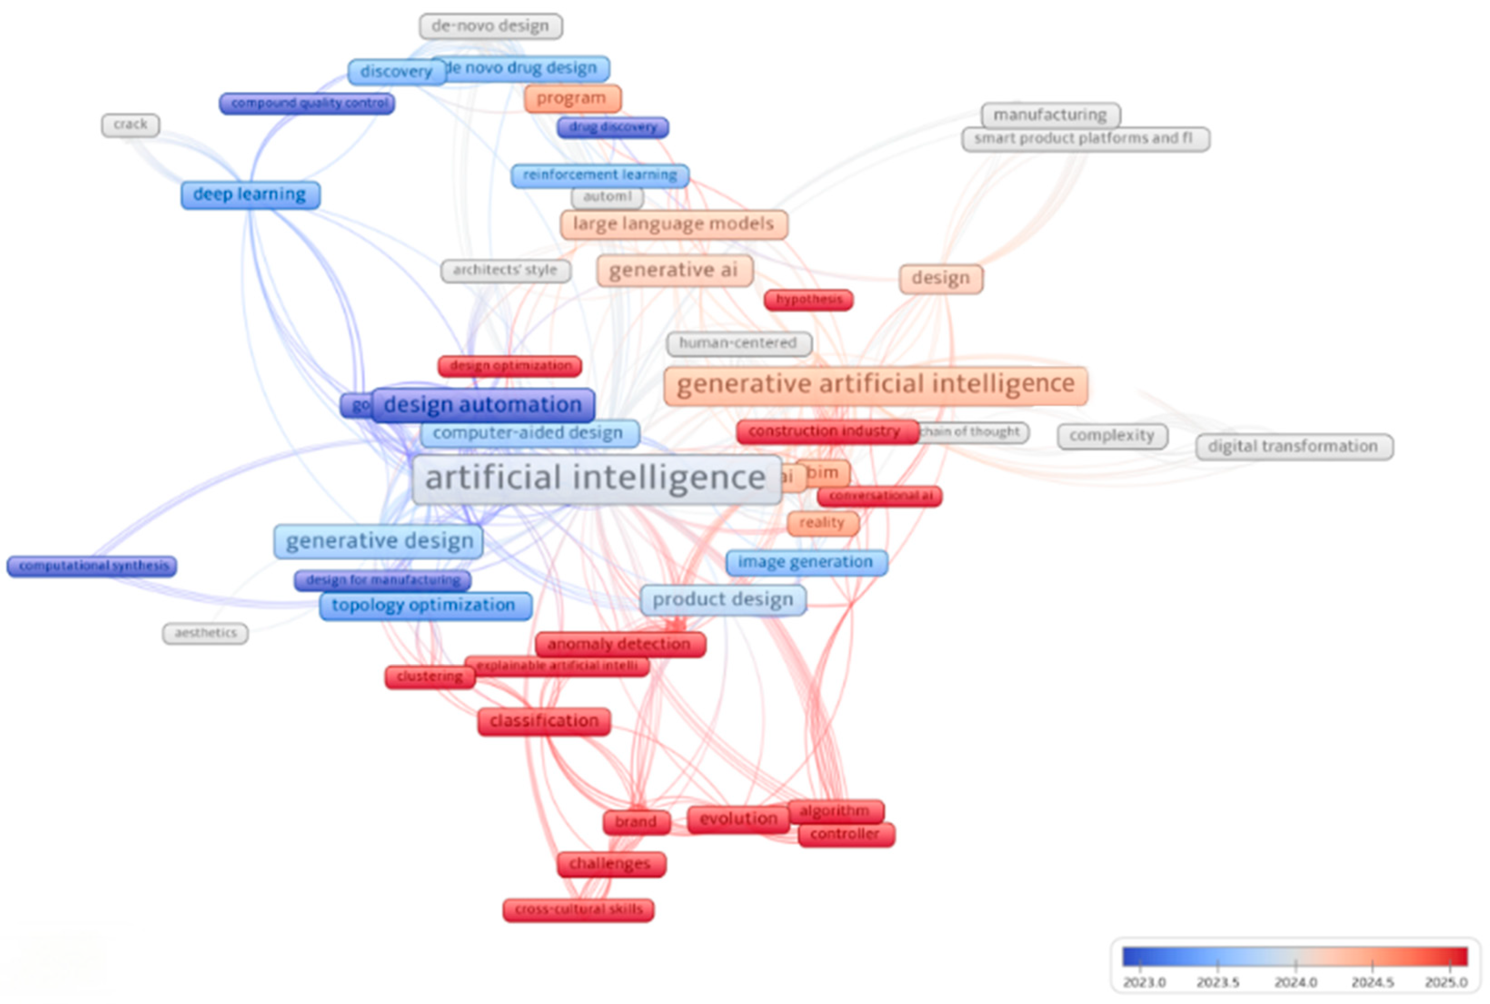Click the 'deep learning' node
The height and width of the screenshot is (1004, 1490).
250,195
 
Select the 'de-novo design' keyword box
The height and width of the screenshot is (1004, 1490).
490,26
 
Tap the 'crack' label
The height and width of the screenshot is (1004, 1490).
131,125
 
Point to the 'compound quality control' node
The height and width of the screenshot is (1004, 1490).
307,103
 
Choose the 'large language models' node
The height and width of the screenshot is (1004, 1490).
674,224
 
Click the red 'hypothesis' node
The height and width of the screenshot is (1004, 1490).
809,299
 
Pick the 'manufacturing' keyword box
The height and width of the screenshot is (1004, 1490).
1050,115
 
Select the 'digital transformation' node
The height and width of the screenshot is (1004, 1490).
1294,446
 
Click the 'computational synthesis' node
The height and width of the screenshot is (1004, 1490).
92,566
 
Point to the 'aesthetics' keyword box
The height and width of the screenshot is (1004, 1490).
206,633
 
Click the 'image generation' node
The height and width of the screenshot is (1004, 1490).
806,562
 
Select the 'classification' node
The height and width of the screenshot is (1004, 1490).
544,721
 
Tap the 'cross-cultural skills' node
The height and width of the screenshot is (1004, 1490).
578,909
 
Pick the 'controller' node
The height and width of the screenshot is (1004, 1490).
845,834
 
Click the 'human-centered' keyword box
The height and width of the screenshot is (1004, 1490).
738,343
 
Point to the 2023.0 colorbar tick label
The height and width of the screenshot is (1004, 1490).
1144,982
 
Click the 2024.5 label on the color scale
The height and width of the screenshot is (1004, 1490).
1372,982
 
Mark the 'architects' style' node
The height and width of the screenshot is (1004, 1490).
505,270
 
